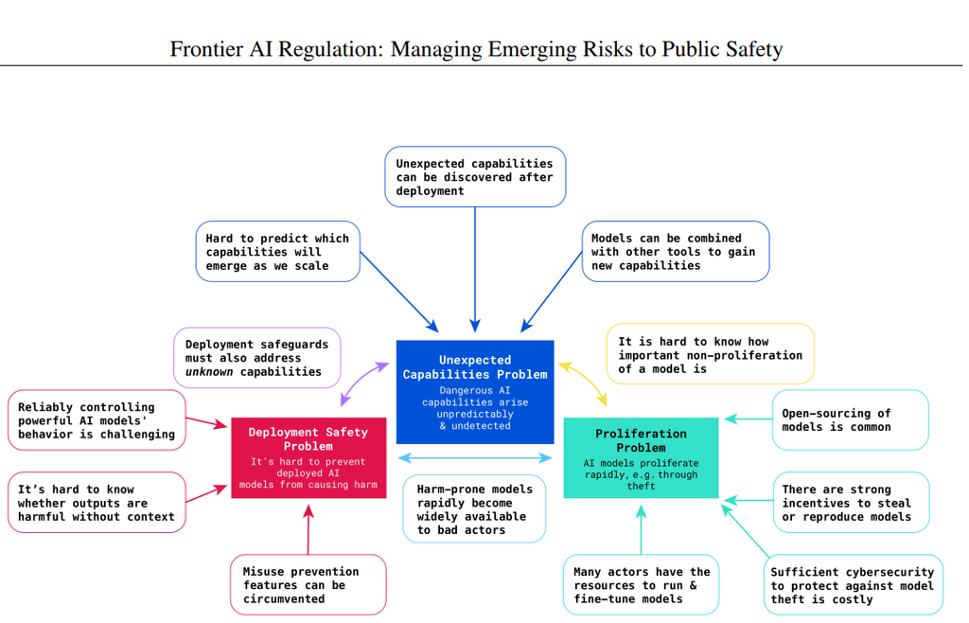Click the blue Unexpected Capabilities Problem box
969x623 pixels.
pyautogui.click(x=475, y=392)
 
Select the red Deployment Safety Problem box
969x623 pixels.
pyautogui.click(x=308, y=457)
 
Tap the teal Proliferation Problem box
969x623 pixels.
pyautogui.click(x=641, y=457)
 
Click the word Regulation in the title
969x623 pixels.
pyautogui.click(x=331, y=49)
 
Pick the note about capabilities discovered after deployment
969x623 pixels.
pyautogui.click(x=475, y=177)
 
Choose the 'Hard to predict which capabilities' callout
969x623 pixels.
pyautogui.click(x=278, y=252)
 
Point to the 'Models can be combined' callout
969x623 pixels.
pyautogui.click(x=676, y=252)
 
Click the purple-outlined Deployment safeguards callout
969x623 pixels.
pyautogui.click(x=257, y=358)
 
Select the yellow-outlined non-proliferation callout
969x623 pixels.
pyautogui.click(x=711, y=354)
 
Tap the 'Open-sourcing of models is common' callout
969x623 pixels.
pyautogui.click(x=851, y=419)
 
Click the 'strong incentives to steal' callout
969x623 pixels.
pyautogui.click(x=851, y=503)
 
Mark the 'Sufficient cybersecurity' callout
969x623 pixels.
pyautogui.click(x=854, y=585)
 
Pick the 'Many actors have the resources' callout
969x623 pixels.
pyautogui.click(x=641, y=585)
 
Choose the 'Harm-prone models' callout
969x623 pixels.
pyautogui.click(x=474, y=508)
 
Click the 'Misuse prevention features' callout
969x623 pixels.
pyautogui.click(x=308, y=585)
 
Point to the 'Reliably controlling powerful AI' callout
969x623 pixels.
pyautogui.click(x=97, y=420)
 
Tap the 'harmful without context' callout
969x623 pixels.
pyautogui.click(x=97, y=503)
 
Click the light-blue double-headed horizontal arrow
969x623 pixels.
pyautogui.click(x=475, y=458)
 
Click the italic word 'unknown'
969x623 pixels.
pyautogui.click(x=209, y=372)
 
